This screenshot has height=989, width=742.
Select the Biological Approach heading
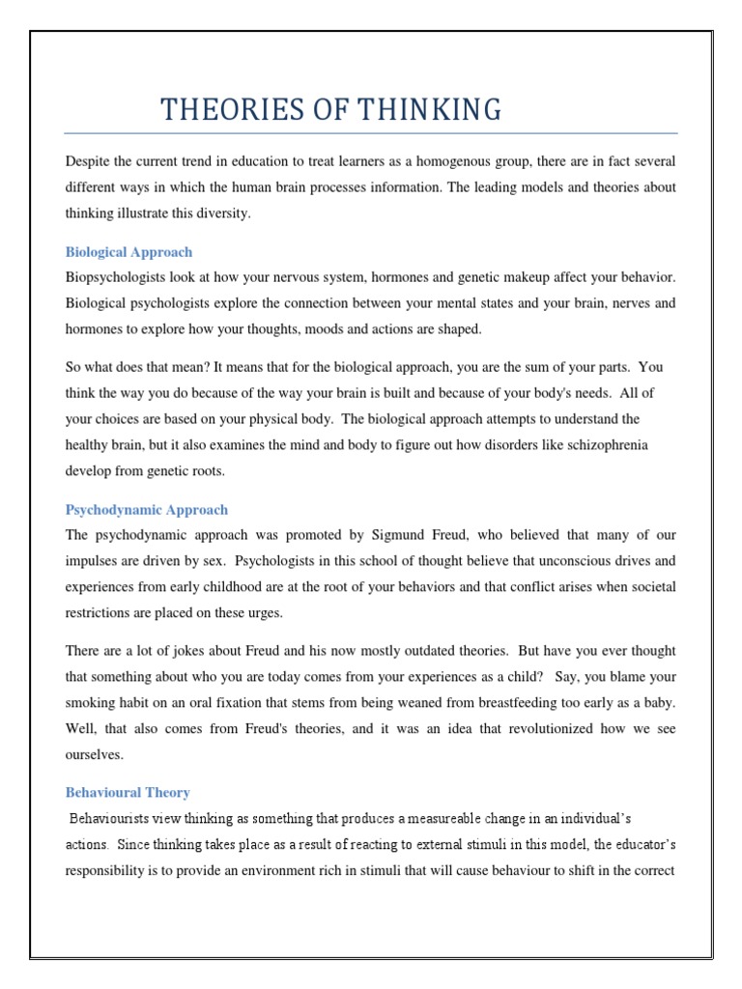coord(128,252)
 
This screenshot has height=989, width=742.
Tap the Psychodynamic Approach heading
coord(147,509)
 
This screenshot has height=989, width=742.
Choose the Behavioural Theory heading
coord(128,792)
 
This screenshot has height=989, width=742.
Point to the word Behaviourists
coord(113,818)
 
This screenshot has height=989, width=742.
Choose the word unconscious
coord(558,560)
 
